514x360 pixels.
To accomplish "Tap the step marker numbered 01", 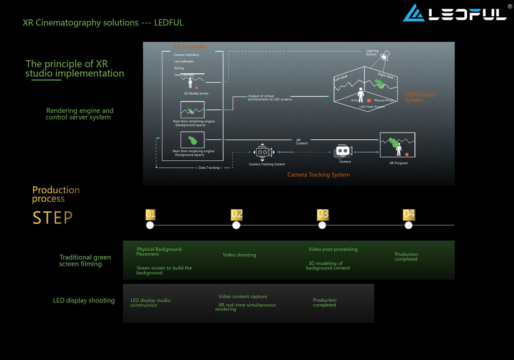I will click(x=150, y=214).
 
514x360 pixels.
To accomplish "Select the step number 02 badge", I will click(x=237, y=214).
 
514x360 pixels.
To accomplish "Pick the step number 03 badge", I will click(x=323, y=214).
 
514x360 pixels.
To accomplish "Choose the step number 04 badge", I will click(x=409, y=214).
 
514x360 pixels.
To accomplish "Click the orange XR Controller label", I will click(x=190, y=46).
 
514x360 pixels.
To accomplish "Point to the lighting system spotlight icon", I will click(x=385, y=57).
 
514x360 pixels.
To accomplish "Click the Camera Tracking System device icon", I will click(x=262, y=152).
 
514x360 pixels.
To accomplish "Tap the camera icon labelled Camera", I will click(x=344, y=151).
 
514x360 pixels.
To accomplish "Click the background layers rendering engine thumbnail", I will click(x=192, y=110).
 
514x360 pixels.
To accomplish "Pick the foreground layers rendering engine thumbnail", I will click(x=192, y=140).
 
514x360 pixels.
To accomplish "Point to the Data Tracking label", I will click(x=209, y=168).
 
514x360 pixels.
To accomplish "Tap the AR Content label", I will click(x=302, y=141).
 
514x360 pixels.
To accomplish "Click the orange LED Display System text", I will click(x=420, y=97).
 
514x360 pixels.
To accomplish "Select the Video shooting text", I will click(x=239, y=255).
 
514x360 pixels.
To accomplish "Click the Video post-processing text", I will click(x=333, y=249).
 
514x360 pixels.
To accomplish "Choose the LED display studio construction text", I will click(x=150, y=303).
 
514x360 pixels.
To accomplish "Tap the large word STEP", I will click(x=52, y=218).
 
